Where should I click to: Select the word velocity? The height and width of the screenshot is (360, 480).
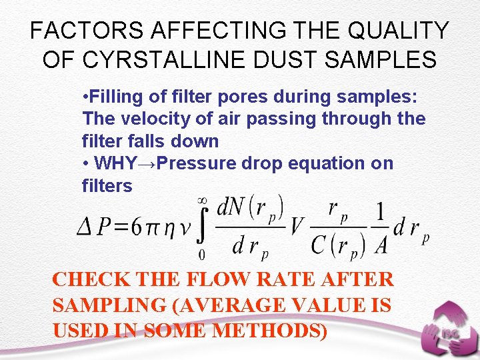click(142, 119)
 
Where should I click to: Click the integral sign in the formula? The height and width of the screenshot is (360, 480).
click(203, 227)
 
